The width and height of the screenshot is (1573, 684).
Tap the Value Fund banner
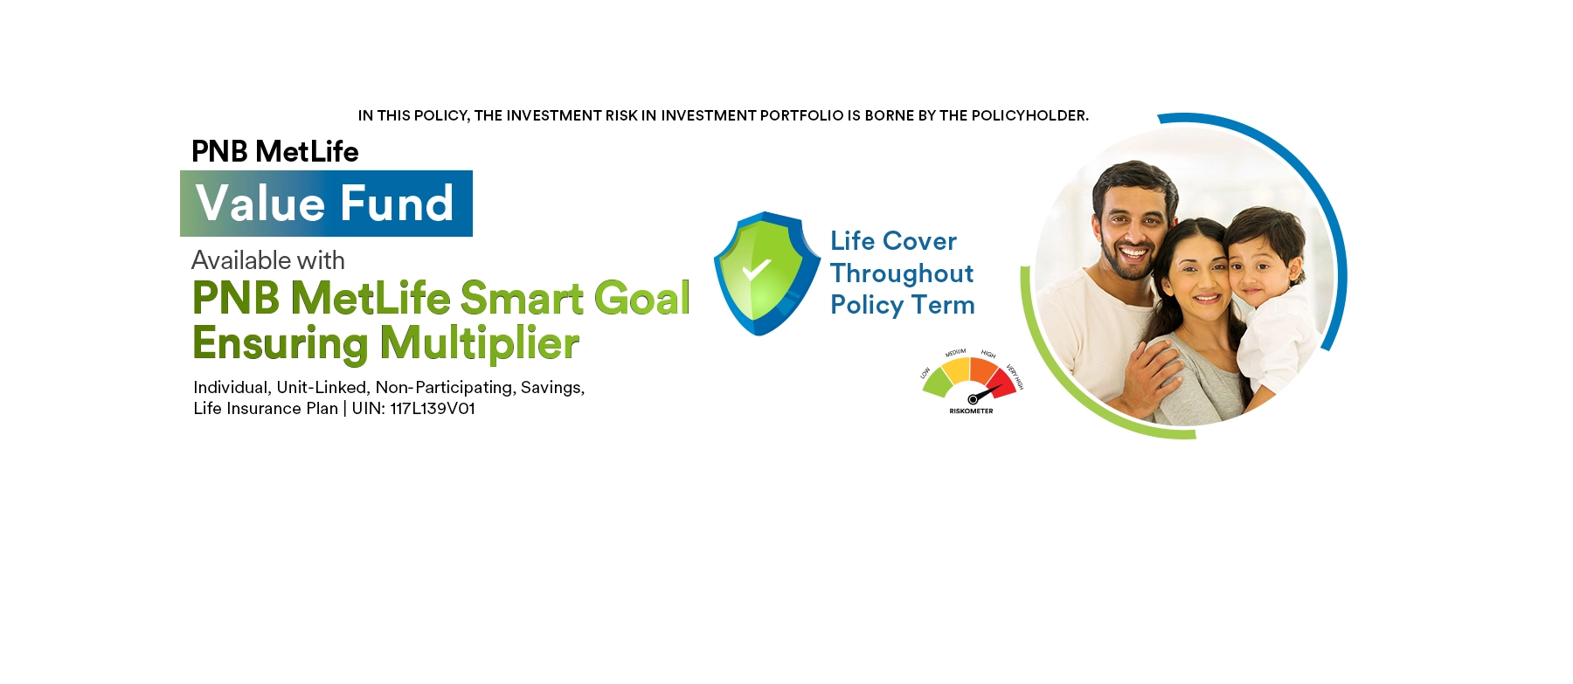pos(326,204)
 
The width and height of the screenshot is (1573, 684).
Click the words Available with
pos(268,260)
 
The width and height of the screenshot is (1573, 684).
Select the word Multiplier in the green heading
pos(479,343)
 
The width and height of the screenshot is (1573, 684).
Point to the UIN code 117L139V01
pos(433,409)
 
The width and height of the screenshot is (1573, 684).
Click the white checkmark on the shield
pos(756,270)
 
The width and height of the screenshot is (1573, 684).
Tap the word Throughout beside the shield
pos(902,273)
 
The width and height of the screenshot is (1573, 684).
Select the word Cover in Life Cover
pos(919,241)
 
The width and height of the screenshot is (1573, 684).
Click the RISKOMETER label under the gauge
pos(971,411)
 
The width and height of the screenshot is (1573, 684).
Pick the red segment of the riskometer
pos(1001,383)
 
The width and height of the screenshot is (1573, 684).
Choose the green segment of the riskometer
pos(938,382)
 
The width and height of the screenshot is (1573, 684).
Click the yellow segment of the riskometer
pos(956,370)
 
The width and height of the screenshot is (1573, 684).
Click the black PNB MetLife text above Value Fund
pos(275,152)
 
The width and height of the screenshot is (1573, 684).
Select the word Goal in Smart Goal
pos(642,298)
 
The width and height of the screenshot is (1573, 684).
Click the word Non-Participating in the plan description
pos(444,387)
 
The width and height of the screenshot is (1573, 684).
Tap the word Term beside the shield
pos(944,305)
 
